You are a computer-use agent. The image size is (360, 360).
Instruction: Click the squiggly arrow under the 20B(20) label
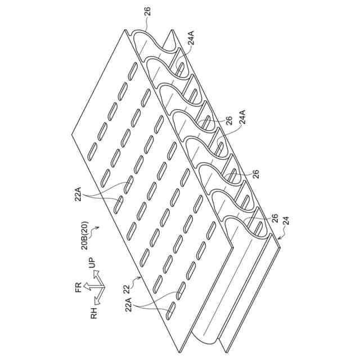[96, 228]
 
